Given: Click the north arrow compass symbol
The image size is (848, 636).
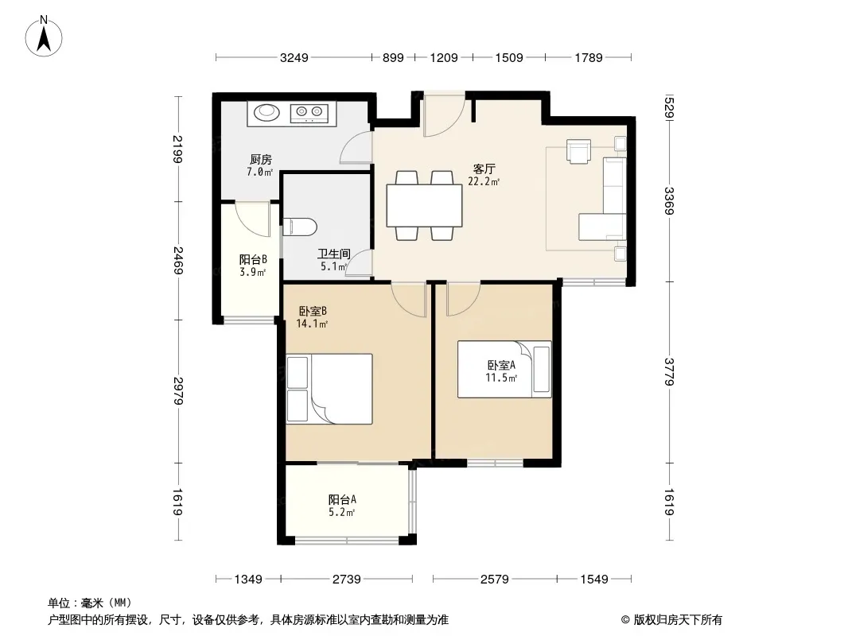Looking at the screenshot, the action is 44,36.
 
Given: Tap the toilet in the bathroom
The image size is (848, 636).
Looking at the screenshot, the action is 299,227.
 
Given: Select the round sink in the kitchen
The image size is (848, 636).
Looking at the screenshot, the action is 266,112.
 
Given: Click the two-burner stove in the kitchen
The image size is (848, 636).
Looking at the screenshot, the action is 309,112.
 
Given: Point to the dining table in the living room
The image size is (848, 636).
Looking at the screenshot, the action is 425,205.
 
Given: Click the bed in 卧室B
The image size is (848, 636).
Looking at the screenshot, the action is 329,389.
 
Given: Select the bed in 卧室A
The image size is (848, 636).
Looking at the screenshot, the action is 504,369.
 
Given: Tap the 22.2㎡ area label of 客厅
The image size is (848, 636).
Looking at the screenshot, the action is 484,181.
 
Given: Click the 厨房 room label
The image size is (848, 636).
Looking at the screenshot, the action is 261,160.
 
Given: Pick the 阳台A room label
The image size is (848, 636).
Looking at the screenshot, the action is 342,500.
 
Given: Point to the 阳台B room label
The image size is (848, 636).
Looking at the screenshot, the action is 253,259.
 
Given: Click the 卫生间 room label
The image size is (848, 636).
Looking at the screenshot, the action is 333,254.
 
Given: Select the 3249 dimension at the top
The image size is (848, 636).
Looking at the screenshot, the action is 294,57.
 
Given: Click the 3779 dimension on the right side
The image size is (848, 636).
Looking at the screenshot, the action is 670,372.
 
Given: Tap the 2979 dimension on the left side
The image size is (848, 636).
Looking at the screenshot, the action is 178,391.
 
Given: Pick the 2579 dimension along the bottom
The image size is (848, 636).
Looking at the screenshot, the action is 495,580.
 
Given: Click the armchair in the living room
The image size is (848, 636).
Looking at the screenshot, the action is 578,151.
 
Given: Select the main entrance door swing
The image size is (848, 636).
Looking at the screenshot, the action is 444,114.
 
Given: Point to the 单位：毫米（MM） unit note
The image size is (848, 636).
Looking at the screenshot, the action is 90,603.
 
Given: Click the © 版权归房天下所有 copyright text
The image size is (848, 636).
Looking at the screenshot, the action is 671,620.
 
